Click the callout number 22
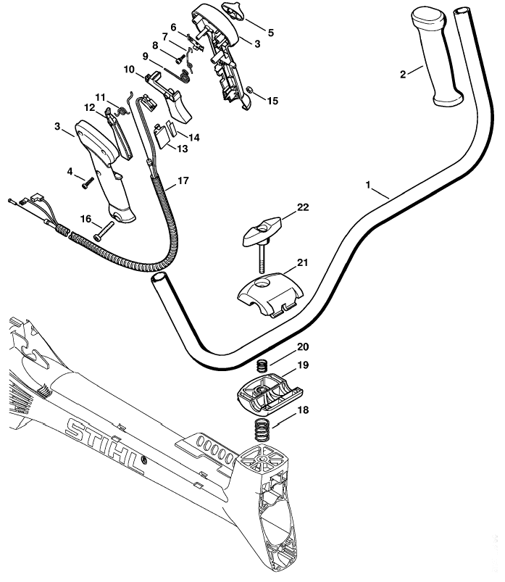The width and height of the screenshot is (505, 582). [x=303, y=207]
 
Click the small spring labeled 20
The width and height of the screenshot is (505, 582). [x=262, y=365]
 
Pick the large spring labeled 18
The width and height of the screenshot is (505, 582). [x=262, y=429]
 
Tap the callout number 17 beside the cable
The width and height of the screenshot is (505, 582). [x=183, y=180]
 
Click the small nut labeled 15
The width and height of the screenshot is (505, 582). [x=250, y=89]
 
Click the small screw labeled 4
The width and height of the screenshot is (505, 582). [x=88, y=183]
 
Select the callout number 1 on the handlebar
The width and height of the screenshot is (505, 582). [x=368, y=185]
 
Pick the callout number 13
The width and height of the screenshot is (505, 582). [x=182, y=149]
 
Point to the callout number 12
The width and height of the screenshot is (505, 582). [x=89, y=108]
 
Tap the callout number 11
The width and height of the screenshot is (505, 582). [x=101, y=98]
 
